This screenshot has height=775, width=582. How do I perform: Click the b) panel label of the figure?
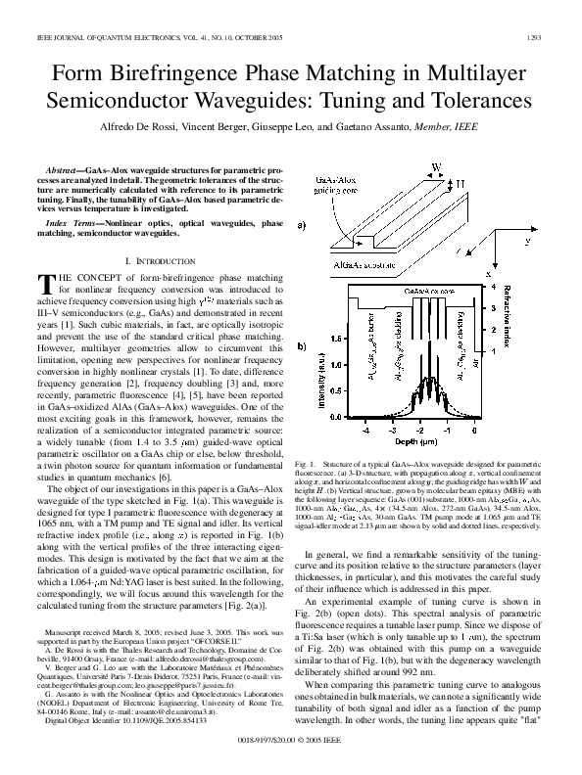coord(302,347)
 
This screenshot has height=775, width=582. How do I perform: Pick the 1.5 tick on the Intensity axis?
coord(336,337)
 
